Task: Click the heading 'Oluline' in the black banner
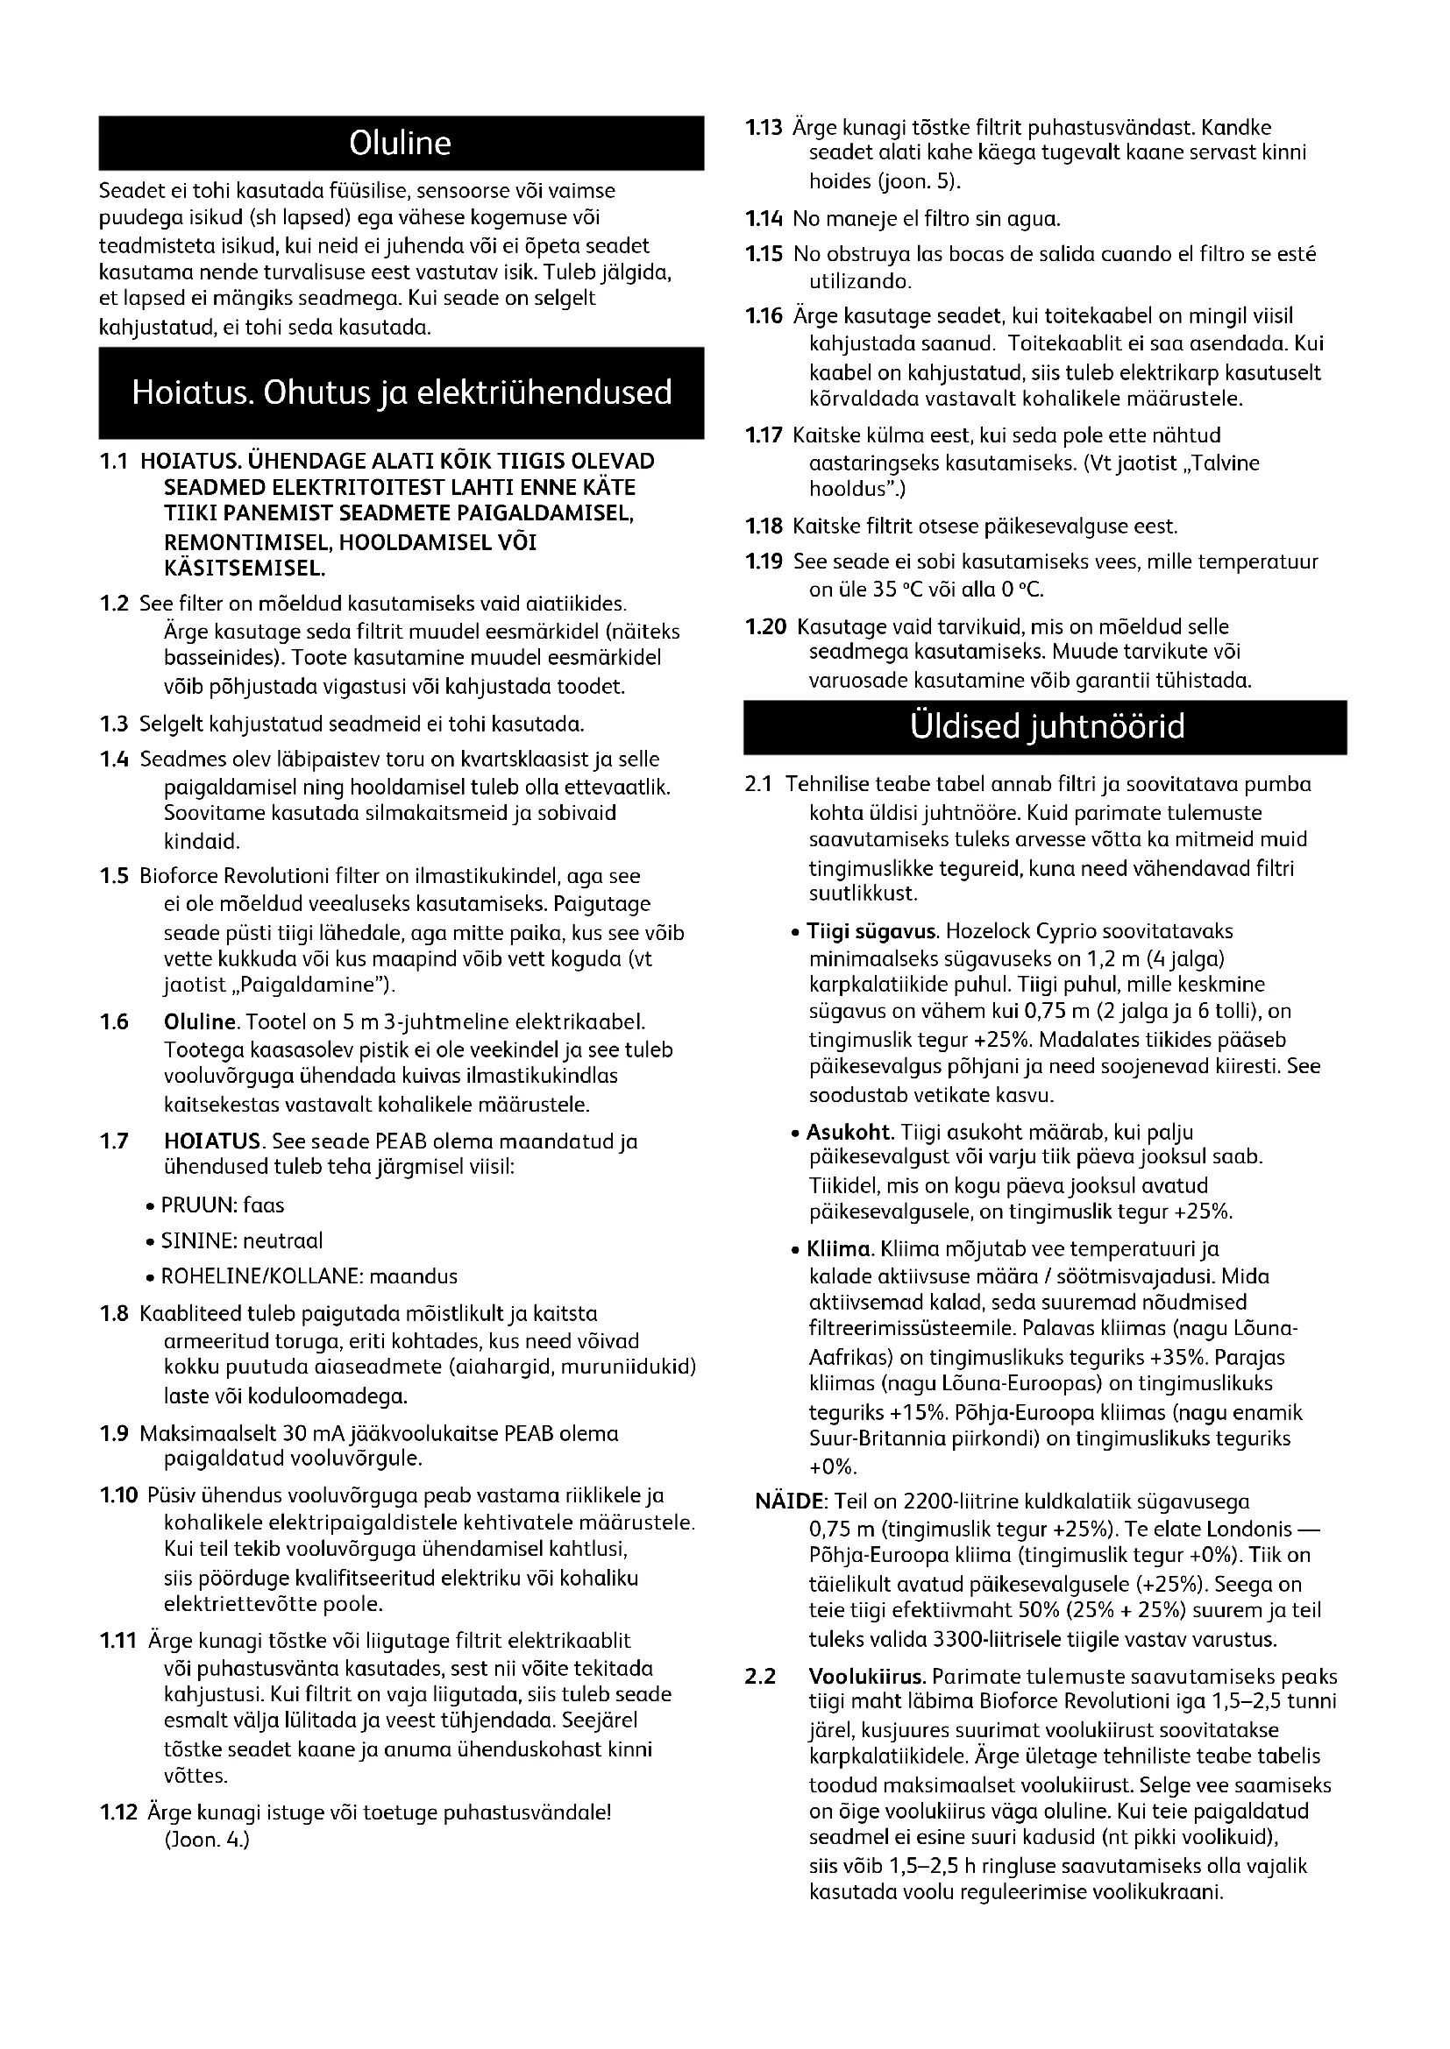point(400,144)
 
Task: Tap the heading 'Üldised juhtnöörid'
point(1047,727)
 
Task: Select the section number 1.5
point(113,876)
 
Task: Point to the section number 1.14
point(764,219)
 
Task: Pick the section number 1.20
point(765,627)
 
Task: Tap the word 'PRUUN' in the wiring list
point(187,1205)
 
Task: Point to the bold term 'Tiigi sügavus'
point(871,932)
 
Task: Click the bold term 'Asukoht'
point(849,1133)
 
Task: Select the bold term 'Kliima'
point(839,1248)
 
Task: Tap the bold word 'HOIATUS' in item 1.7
point(212,1141)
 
